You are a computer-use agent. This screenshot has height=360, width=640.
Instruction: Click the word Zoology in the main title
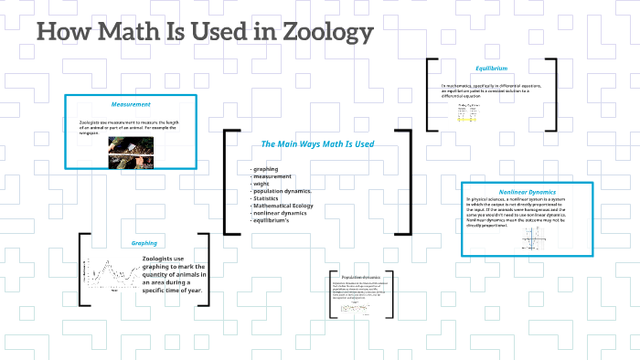point(324,32)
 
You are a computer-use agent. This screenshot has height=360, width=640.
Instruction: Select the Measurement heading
point(130,104)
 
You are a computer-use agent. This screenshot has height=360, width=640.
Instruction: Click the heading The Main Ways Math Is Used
point(316,144)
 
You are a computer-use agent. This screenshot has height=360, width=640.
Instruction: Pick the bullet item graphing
point(266,170)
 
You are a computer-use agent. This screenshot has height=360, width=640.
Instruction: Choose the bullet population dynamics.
point(283,191)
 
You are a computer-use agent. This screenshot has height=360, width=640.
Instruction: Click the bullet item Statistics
point(267,198)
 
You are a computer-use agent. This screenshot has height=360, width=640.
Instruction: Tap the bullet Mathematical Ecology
point(284,206)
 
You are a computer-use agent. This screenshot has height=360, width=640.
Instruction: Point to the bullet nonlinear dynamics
point(281,213)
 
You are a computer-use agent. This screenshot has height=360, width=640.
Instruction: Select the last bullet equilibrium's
point(272,220)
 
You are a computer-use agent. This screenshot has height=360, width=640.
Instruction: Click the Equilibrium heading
point(491,69)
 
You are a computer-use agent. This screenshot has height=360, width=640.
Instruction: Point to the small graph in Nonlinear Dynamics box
point(533,239)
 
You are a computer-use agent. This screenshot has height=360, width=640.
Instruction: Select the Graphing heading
point(144,244)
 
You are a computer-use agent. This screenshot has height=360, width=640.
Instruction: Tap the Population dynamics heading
point(359,277)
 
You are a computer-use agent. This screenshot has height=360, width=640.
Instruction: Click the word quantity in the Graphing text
point(161,274)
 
